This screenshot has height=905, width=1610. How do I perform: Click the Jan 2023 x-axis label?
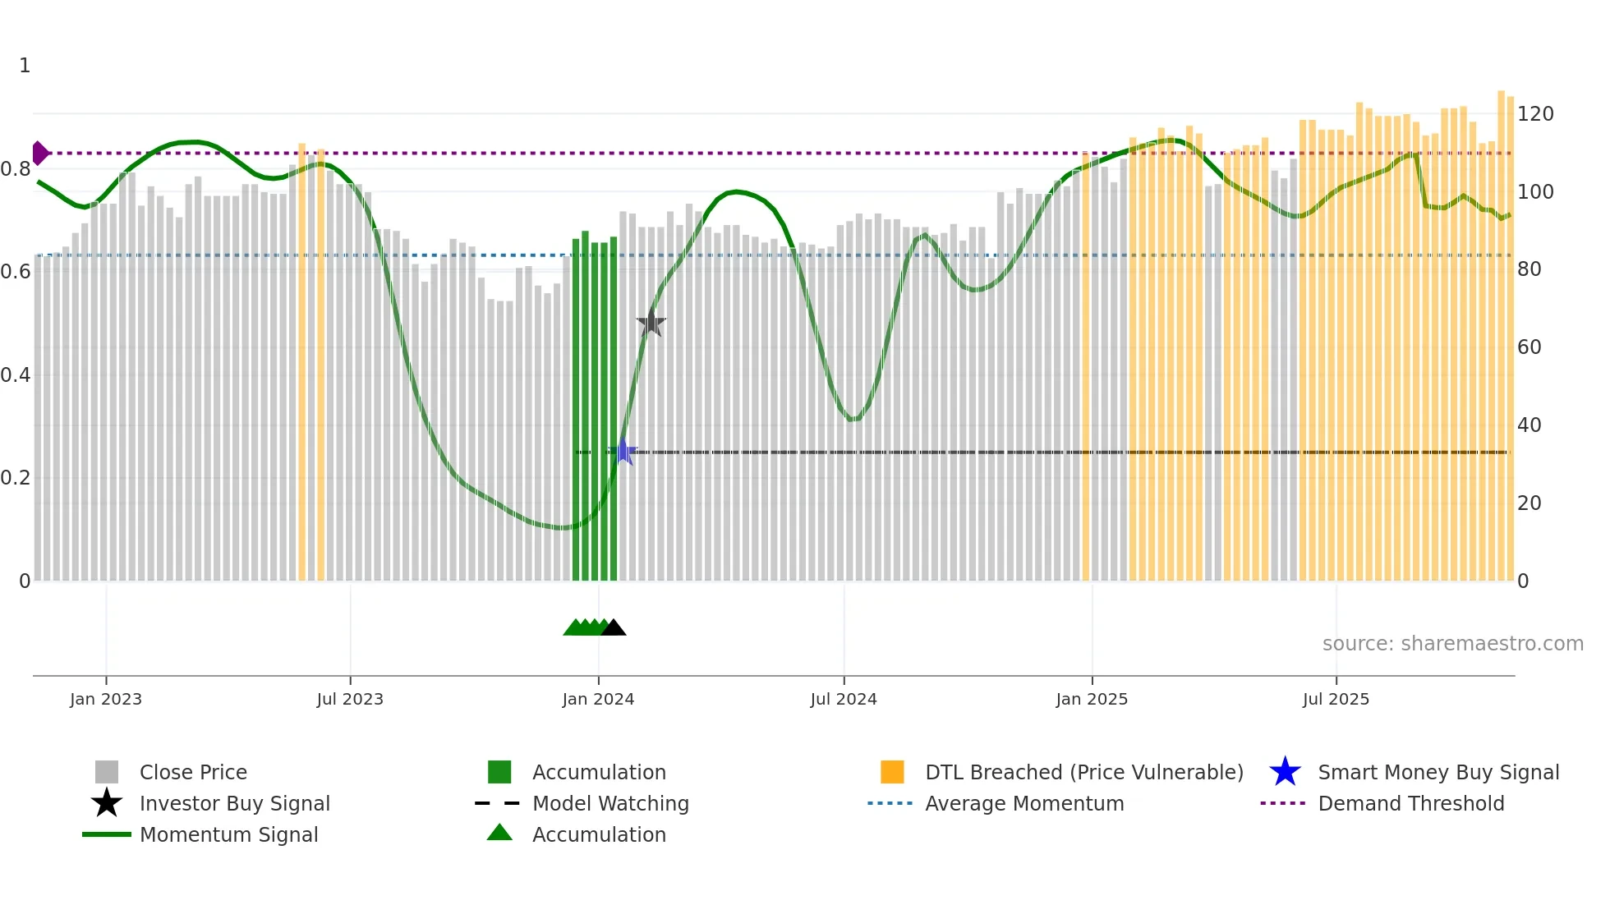coord(106,699)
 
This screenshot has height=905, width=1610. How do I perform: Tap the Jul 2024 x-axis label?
coord(844,699)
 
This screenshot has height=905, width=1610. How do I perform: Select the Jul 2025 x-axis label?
coord(1336,699)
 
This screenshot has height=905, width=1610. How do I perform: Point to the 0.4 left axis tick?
coord(16,375)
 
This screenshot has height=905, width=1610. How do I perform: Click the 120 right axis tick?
coord(1535,114)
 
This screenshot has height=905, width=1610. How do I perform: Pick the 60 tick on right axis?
coord(1529,347)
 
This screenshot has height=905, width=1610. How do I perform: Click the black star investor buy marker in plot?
coord(651,324)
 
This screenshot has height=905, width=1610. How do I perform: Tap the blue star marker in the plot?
coord(623,452)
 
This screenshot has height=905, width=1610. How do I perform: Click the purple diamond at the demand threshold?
coord(39,154)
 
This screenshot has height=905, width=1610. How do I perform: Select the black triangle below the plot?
coord(614,628)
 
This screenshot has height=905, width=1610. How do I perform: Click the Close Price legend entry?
coord(193,773)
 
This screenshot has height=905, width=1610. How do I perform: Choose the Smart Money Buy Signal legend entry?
coord(1437,773)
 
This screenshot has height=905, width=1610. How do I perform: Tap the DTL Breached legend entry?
coord(1083,773)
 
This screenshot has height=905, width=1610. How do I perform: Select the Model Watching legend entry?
coord(609,804)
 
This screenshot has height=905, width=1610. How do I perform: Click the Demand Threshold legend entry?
coord(1410,804)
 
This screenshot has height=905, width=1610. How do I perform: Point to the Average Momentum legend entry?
coord(1023,804)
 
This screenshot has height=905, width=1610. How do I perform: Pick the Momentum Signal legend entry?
coord(228,835)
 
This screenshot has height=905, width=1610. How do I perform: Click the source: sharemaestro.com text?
coord(1452,644)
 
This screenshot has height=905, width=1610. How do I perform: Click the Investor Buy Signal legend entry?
coord(234,804)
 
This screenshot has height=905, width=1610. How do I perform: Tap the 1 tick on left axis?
coord(25,66)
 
